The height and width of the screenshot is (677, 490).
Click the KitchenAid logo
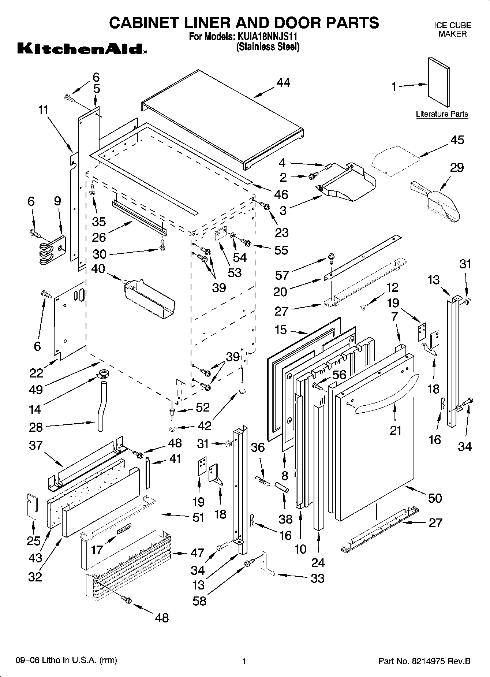pos(82,49)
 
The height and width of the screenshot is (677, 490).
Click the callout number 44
pos(283,83)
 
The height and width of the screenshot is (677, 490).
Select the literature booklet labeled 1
pos(439,82)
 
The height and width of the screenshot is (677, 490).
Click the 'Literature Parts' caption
pos(442,114)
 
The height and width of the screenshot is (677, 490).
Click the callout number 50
pos(435,498)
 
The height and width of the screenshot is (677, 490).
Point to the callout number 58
pos(199,600)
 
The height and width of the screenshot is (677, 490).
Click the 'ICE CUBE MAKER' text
pos(452,30)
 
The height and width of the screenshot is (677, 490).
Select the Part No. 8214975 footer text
pos(424,661)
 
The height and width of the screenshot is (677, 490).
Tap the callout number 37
pos(35,446)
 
